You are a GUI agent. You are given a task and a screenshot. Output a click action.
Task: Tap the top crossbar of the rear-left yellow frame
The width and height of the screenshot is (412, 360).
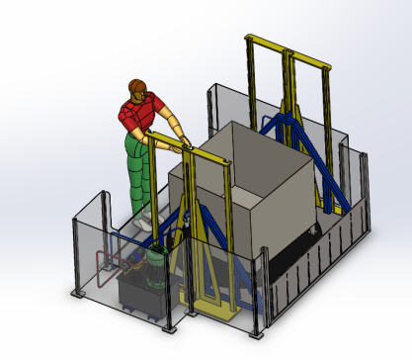click(266, 44)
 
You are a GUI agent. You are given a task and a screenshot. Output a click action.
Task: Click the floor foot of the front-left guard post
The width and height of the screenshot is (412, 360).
click(80, 298)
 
